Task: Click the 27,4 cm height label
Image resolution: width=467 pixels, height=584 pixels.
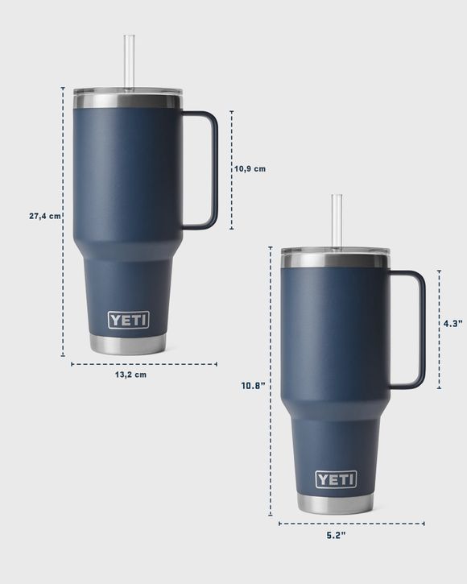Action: click(x=44, y=216)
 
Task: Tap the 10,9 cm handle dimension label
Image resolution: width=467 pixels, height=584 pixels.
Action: click(x=250, y=169)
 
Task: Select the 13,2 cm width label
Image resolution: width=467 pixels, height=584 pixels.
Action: click(x=130, y=375)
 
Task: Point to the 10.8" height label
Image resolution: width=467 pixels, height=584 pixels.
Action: click(x=254, y=386)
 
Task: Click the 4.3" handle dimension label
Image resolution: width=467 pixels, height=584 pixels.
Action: click(x=453, y=323)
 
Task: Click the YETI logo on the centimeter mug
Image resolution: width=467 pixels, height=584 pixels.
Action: click(x=129, y=320)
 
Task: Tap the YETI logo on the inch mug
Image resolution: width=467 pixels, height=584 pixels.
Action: click(x=335, y=479)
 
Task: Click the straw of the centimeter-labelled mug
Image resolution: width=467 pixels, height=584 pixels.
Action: click(x=129, y=60)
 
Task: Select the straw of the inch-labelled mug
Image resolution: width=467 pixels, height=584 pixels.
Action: click(x=337, y=219)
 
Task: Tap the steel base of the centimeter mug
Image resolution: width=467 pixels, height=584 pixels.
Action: click(x=129, y=345)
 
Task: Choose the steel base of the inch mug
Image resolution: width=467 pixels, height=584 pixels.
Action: click(x=335, y=504)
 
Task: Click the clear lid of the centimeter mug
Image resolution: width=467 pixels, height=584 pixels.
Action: click(x=129, y=92)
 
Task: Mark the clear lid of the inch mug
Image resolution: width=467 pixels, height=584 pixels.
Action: click(x=335, y=251)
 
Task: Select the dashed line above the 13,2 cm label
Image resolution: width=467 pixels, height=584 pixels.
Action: click(x=143, y=364)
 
